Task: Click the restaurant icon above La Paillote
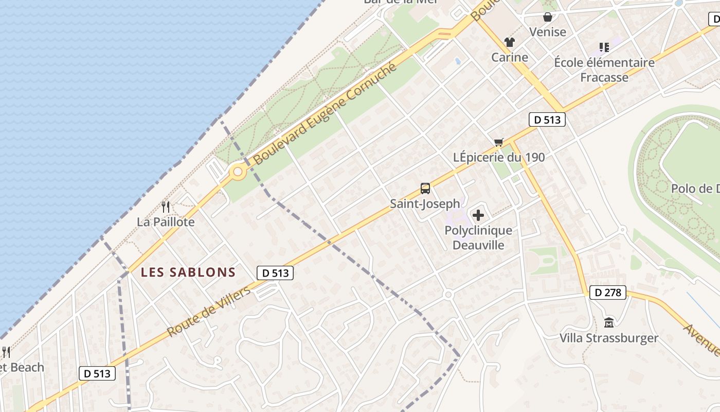[x=166, y=207]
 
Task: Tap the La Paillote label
[x=166, y=222]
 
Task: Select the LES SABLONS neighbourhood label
[x=188, y=272]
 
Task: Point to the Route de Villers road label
[x=209, y=312]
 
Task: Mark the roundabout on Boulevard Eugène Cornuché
[x=238, y=173]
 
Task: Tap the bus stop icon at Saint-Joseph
[x=425, y=188]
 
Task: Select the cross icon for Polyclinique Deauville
[x=478, y=215]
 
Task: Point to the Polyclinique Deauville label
[x=478, y=237]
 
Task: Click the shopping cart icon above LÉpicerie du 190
[x=498, y=142]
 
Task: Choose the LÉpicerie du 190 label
[x=498, y=157]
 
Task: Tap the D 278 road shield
[x=607, y=293]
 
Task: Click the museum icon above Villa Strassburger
[x=609, y=323]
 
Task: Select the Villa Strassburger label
[x=609, y=338]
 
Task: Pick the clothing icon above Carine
[x=510, y=42]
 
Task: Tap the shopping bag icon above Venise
[x=548, y=17]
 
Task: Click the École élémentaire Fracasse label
[x=604, y=70]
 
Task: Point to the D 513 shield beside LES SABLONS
[x=275, y=273]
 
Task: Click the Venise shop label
[x=548, y=32]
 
